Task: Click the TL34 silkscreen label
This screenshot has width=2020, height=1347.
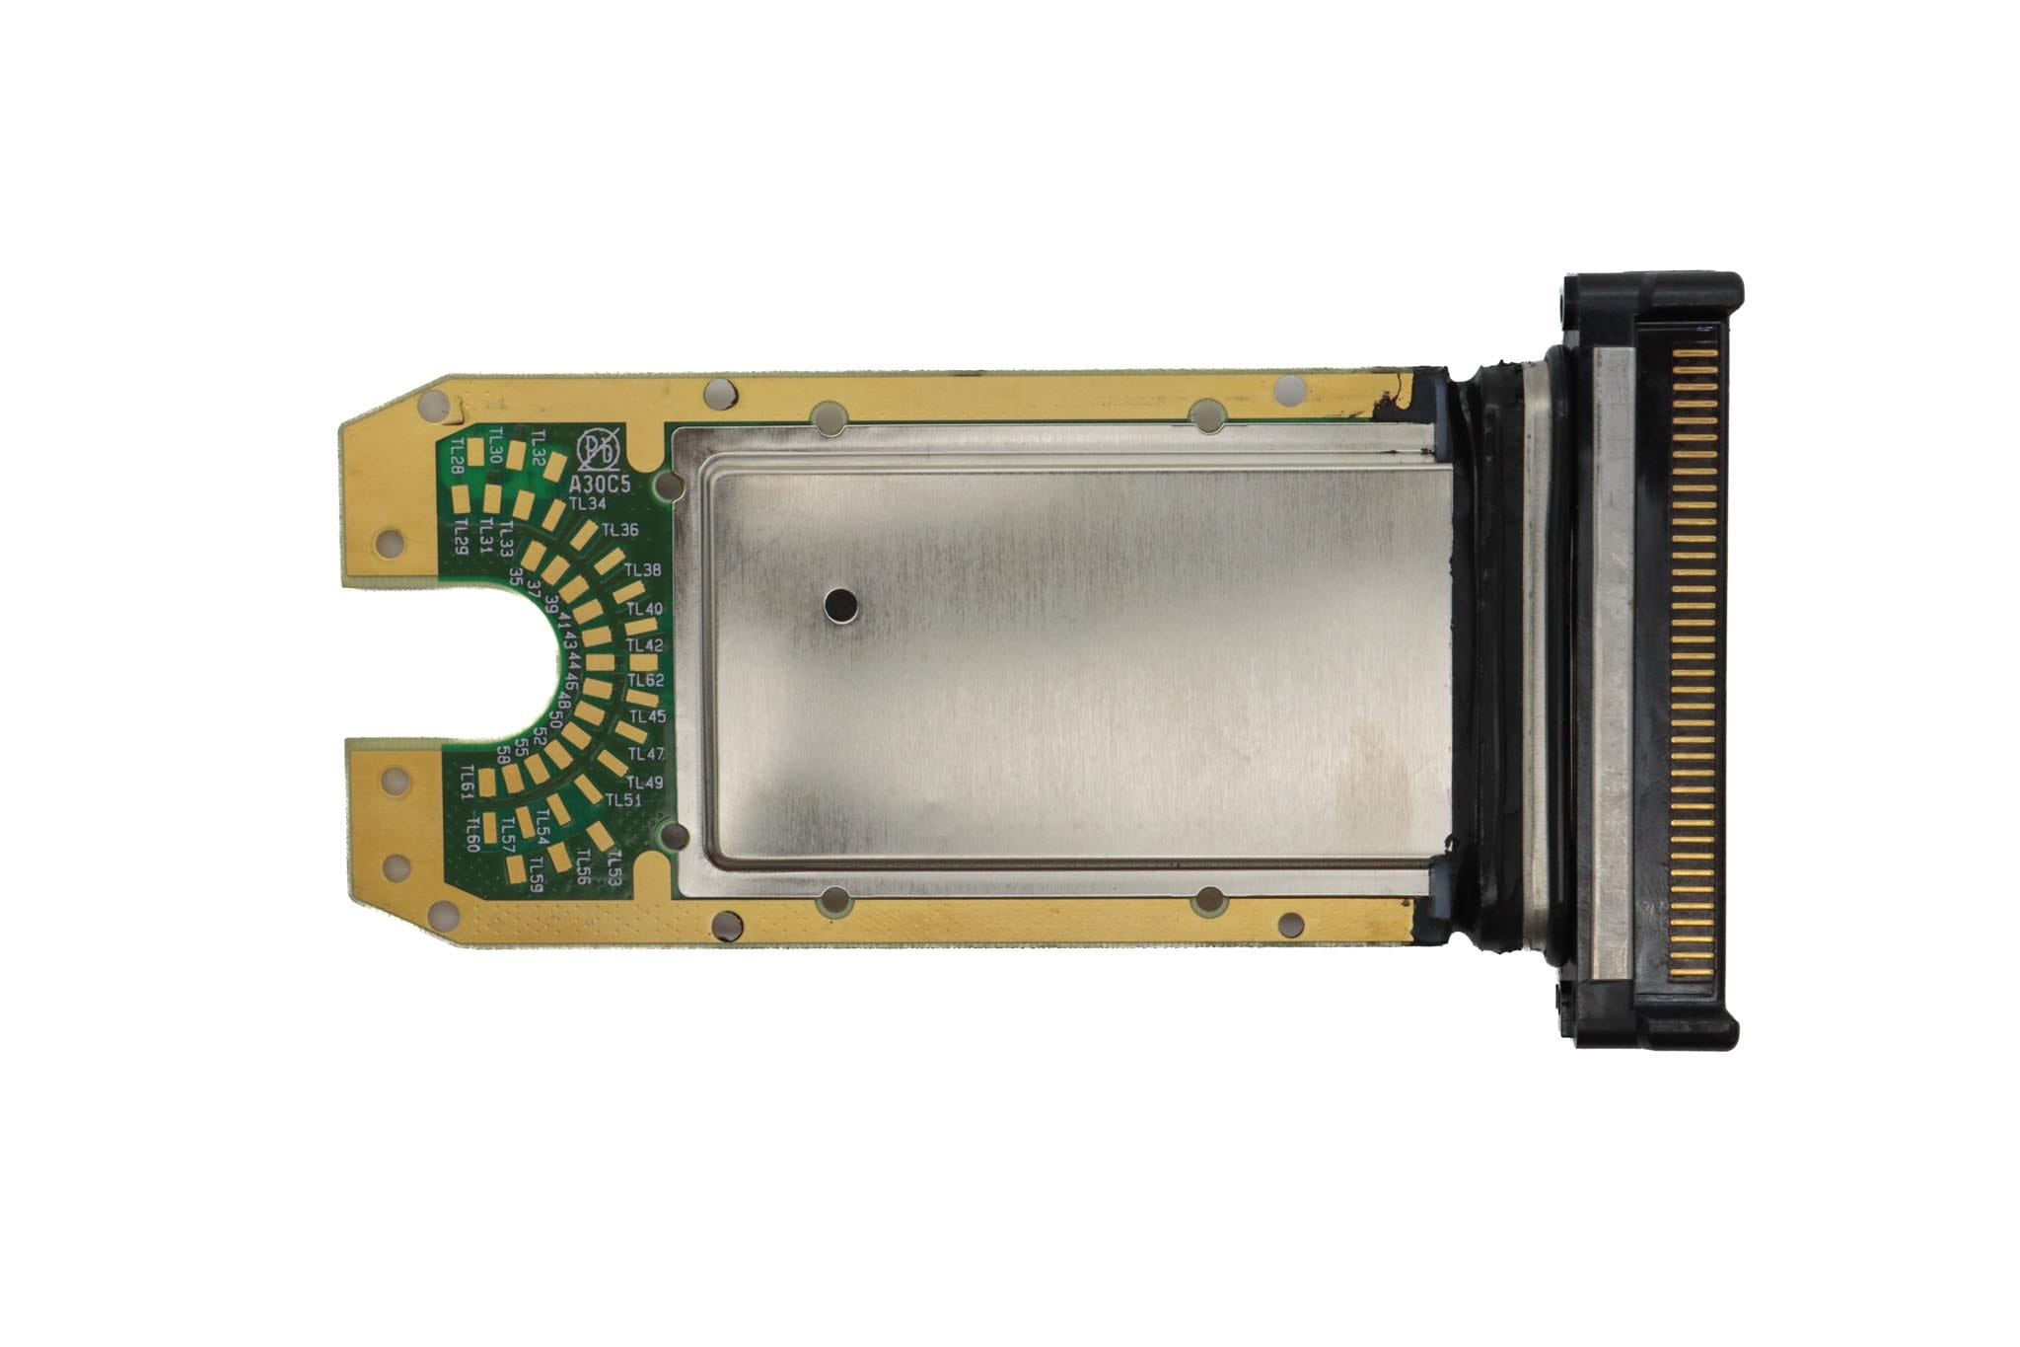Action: [x=588, y=504]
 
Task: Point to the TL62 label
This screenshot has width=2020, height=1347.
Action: [x=646, y=681]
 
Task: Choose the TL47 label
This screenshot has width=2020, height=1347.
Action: [x=647, y=755]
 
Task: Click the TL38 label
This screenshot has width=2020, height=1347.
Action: [x=643, y=570]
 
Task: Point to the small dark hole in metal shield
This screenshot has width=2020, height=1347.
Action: [x=841, y=603]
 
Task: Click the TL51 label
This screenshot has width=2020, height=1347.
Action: [x=623, y=800]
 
